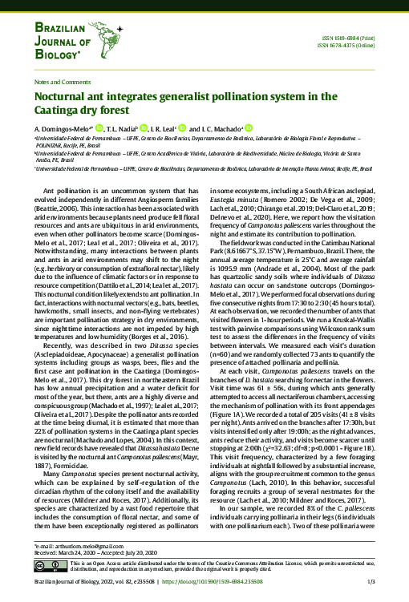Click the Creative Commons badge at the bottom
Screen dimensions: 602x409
tap(45, 568)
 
